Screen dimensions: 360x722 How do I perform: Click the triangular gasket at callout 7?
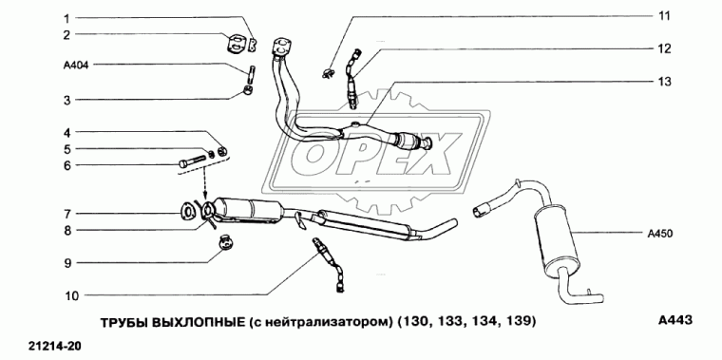tap(190, 211)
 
